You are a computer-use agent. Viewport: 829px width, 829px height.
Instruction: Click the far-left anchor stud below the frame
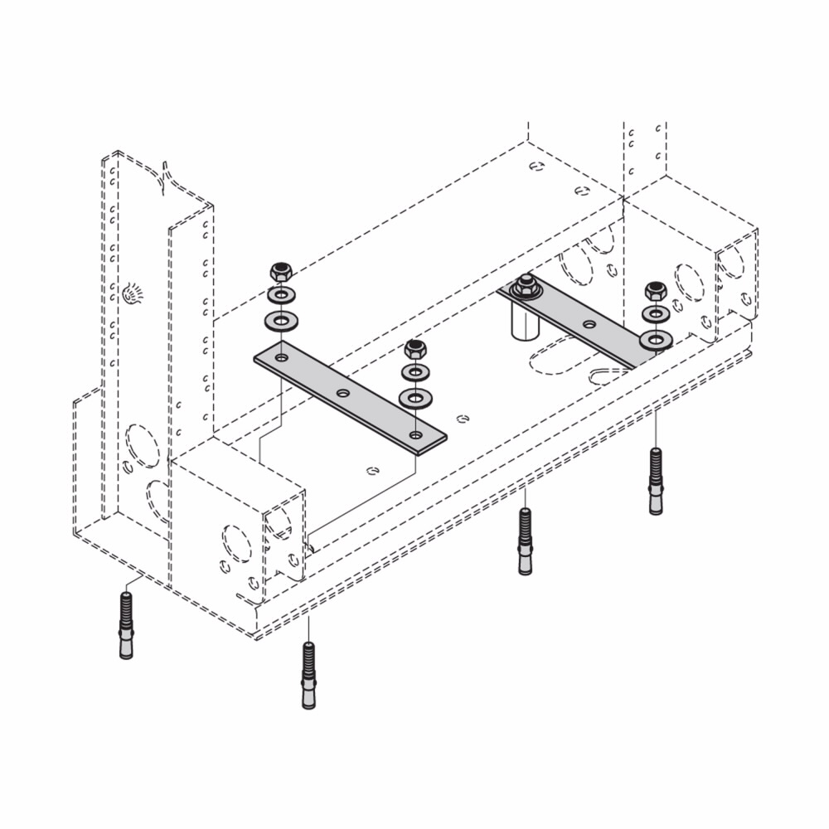click(126, 625)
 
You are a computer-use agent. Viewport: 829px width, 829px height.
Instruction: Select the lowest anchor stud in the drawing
click(308, 676)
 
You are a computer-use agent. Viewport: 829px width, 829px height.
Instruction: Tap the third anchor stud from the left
click(525, 541)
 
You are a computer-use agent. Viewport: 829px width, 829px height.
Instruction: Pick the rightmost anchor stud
click(656, 481)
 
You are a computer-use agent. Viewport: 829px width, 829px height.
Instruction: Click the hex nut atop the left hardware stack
click(281, 271)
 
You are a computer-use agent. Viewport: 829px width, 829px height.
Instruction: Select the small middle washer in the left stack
click(281, 295)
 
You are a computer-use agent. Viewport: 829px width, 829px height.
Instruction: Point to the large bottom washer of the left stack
click(281, 320)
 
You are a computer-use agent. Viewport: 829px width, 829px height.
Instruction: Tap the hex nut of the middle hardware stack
click(414, 349)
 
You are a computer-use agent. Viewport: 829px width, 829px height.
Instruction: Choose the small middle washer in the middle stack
click(414, 373)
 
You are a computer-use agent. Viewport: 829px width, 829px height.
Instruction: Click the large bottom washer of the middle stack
click(414, 399)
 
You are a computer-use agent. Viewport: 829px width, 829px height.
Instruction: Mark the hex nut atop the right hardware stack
click(656, 291)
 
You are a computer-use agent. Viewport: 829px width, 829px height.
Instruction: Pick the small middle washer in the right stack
click(656, 314)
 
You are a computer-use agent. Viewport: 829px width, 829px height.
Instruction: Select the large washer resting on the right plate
click(656, 339)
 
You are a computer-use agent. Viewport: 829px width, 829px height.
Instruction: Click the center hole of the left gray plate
click(343, 393)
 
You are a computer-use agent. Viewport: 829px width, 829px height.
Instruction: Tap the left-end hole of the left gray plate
click(282, 358)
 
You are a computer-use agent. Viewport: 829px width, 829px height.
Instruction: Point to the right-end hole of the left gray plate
click(415, 434)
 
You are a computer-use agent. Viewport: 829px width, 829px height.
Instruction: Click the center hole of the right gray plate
click(589, 324)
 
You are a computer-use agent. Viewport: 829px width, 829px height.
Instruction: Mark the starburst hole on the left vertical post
click(131, 293)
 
